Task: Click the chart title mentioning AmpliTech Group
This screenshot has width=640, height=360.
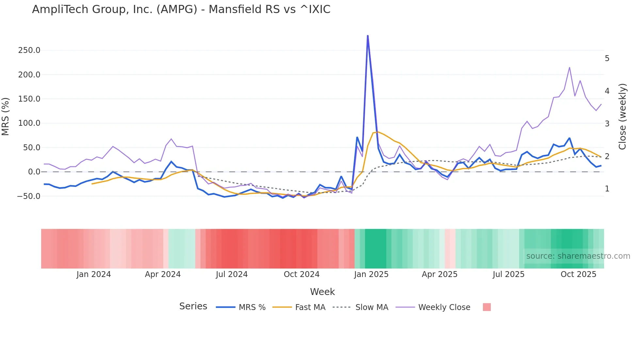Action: [181, 9]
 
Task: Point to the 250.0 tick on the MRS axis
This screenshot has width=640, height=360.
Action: [29, 50]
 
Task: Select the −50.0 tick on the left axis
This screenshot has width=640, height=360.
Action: [29, 196]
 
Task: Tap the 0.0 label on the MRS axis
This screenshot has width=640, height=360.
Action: [34, 172]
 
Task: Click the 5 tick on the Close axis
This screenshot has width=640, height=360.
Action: [607, 58]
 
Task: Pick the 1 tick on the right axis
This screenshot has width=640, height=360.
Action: [607, 189]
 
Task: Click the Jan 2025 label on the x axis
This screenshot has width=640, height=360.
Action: [371, 274]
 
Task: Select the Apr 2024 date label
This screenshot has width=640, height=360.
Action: [163, 274]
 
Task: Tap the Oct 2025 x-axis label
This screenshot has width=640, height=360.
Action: [578, 274]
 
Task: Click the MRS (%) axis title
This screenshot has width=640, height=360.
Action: [6, 117]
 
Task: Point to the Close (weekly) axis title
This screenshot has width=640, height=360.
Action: [622, 117]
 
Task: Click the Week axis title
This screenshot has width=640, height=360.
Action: [322, 292]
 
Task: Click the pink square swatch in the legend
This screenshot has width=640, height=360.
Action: [487, 307]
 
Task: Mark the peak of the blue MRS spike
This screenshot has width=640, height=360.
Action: [368, 36]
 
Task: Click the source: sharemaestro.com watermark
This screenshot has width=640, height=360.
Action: [578, 256]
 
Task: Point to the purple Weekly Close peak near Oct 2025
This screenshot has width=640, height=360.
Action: [569, 68]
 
